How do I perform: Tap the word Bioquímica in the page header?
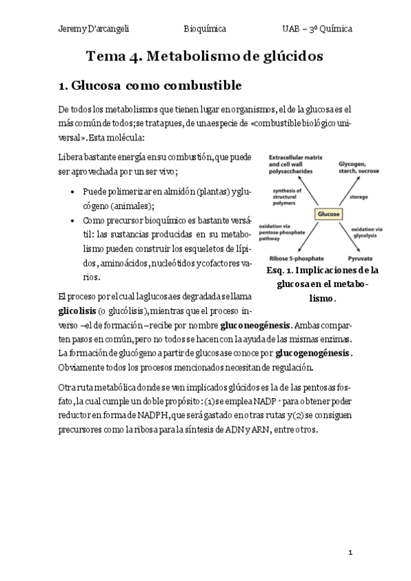pos(205,29)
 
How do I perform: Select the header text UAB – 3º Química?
pos(317,29)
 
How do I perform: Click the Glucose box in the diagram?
pos(327,214)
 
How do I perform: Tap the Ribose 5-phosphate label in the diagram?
pos(294,259)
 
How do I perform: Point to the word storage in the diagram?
pos(358,197)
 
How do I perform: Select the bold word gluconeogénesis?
pos(256,325)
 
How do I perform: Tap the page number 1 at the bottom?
pos(349,552)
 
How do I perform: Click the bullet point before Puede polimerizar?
pos(73,193)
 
